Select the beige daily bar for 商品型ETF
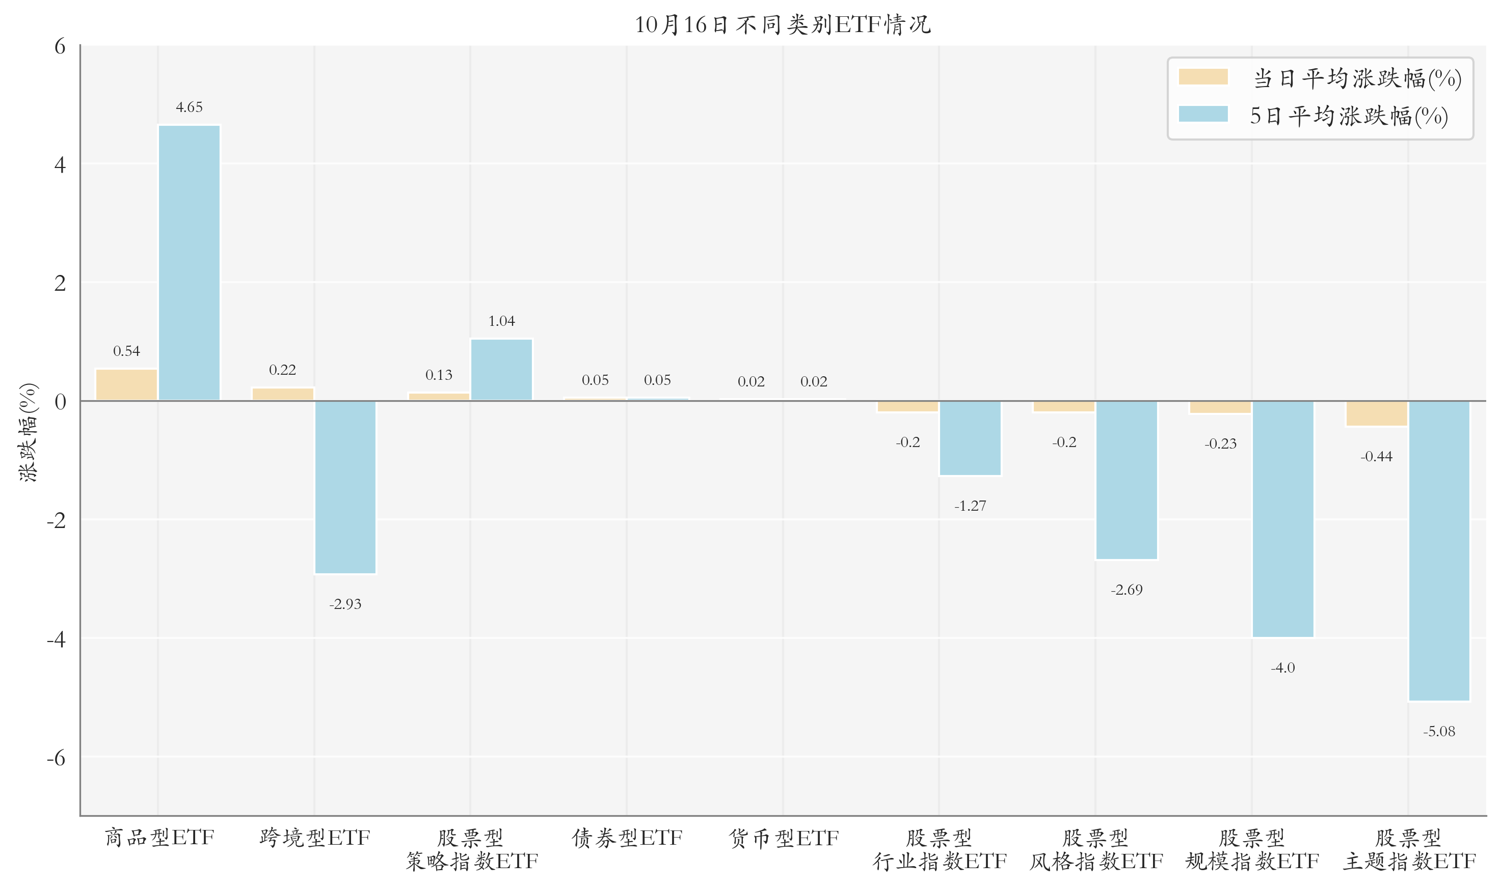pos(126,384)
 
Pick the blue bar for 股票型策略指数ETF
pos(501,370)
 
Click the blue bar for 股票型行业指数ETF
pos(970,438)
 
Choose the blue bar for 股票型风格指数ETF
pos(1127,480)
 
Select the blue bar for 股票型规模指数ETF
pos(1283,519)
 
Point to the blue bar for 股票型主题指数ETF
pos(1439,550)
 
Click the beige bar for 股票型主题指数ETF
pos(1376,413)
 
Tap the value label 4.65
pos(189,107)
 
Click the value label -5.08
pos(1439,732)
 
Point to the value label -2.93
pos(345,604)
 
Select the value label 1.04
pos(501,321)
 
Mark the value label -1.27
pos(970,506)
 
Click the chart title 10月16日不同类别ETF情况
pos(782,24)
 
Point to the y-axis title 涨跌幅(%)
pos(28,432)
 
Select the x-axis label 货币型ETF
pos(783,838)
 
